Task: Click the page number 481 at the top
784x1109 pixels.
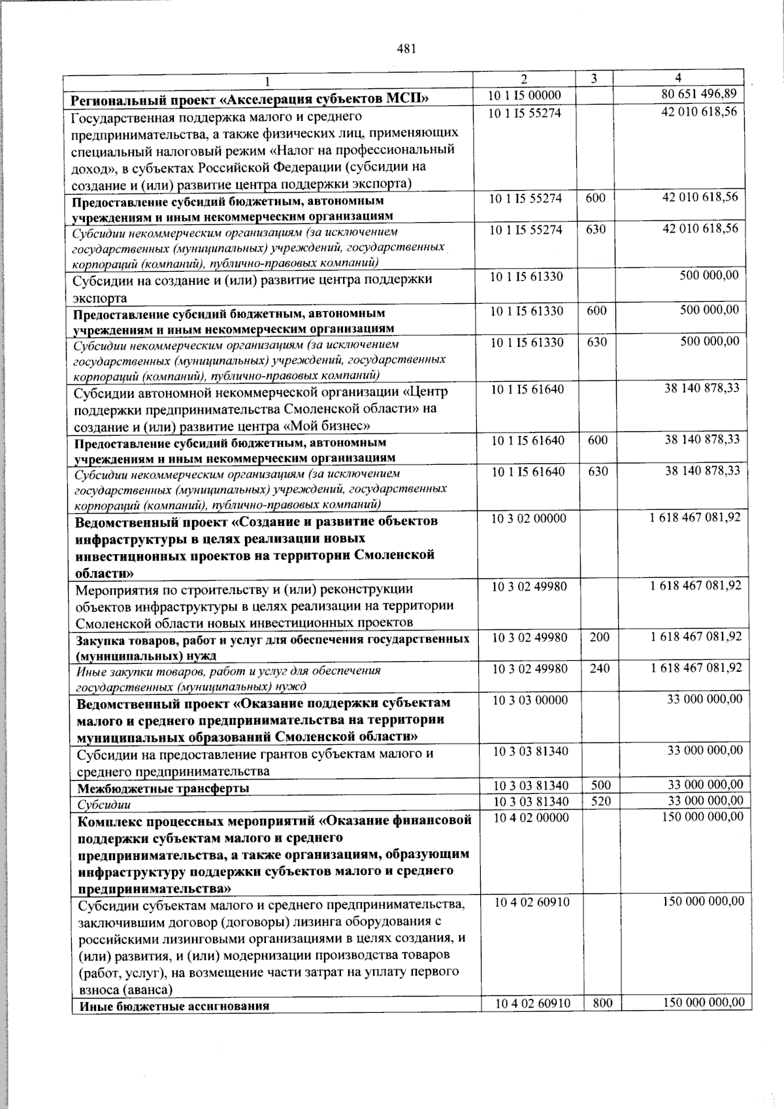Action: (x=406, y=48)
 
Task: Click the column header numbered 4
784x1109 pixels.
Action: (x=678, y=78)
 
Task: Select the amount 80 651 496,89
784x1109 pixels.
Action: (x=699, y=95)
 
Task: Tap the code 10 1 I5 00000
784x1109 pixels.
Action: (x=524, y=96)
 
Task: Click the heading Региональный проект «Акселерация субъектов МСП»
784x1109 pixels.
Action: (x=250, y=99)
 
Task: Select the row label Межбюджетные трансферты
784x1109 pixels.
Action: (x=163, y=788)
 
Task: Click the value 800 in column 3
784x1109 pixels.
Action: (x=602, y=1002)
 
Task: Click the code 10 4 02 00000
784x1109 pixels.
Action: (x=531, y=818)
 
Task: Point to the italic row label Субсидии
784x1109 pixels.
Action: (x=104, y=805)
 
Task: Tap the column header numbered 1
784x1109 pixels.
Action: (x=267, y=82)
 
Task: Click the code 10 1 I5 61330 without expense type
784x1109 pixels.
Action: (x=527, y=276)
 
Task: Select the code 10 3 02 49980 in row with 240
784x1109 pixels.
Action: (x=530, y=669)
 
